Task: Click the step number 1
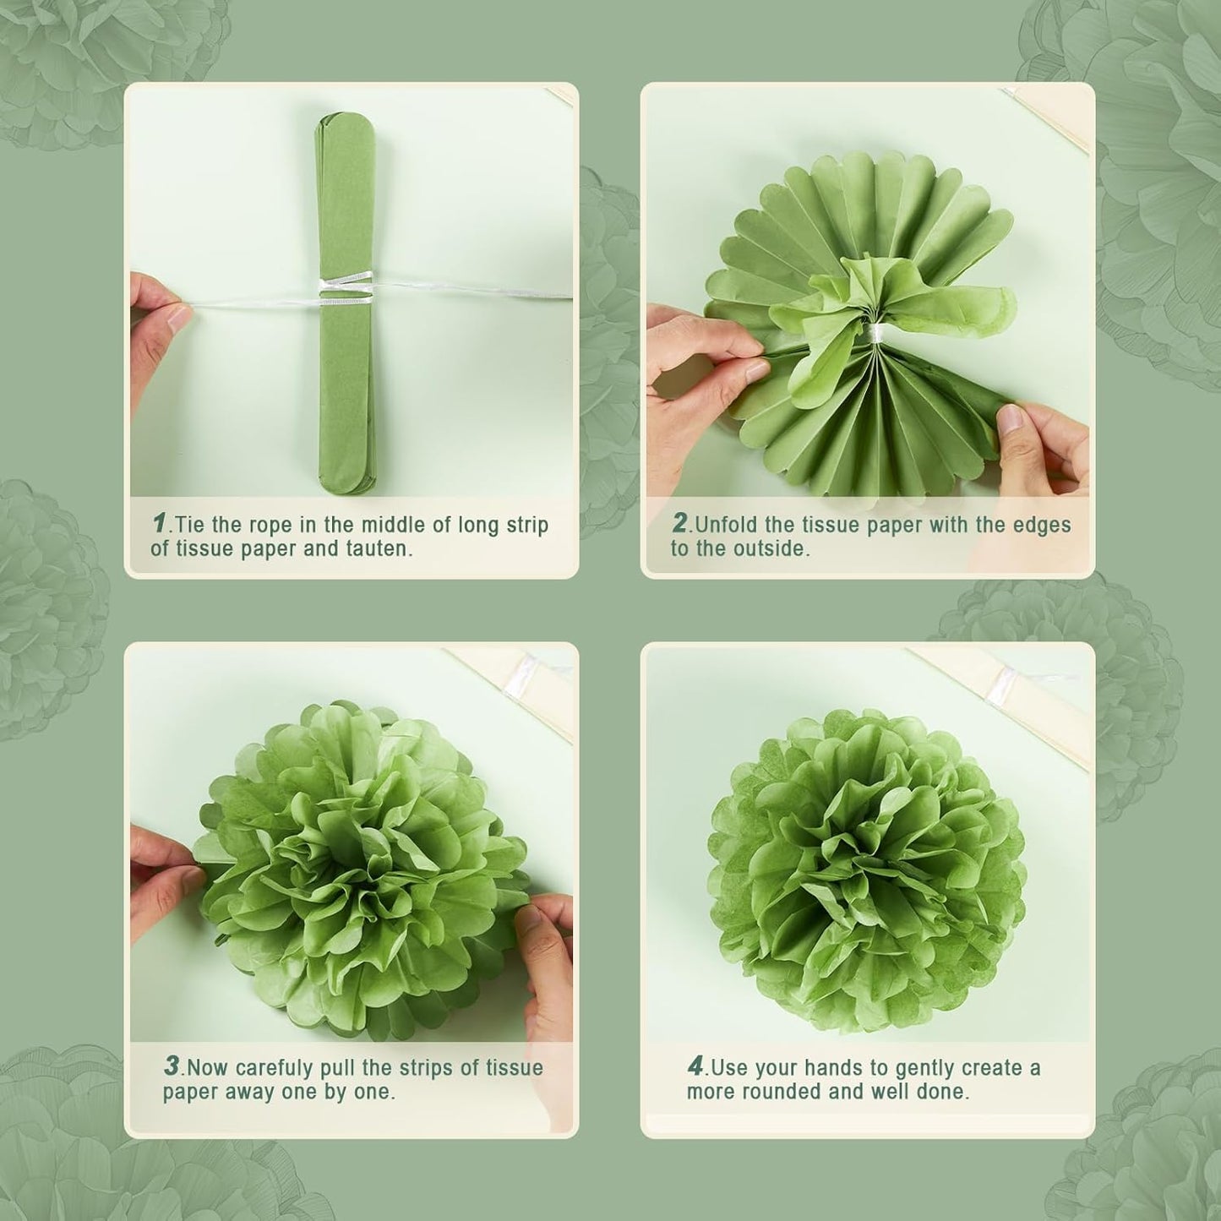click(x=159, y=523)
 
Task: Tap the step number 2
click(x=679, y=523)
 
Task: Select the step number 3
click(x=172, y=1066)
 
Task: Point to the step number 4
click(x=695, y=1066)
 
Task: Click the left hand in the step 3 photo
click(x=161, y=879)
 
